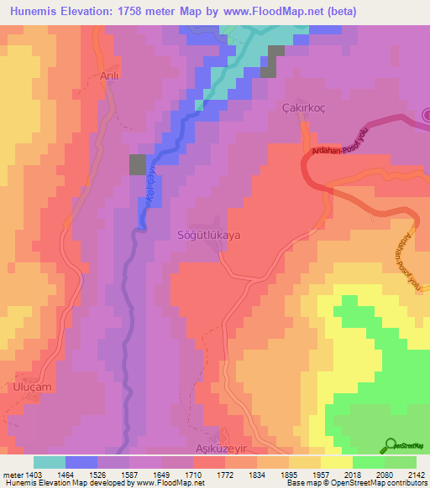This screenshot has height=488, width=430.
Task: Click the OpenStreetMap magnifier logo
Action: [x=389, y=445]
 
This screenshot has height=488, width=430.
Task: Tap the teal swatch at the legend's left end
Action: [x=49, y=461]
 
